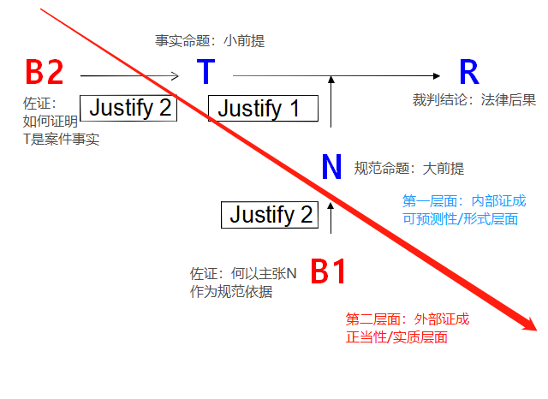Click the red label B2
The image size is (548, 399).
coord(45,73)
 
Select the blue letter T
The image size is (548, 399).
coord(205,73)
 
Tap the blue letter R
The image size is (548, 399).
coord(468,73)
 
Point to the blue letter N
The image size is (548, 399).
coord(331,168)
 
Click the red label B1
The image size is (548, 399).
coord(328,271)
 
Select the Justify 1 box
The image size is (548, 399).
coord(263,108)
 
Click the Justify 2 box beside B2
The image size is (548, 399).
coord(129,108)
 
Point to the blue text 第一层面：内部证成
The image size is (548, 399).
coord(464,201)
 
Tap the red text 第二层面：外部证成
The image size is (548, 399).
coord(408,319)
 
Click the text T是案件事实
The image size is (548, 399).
coord(61,139)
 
